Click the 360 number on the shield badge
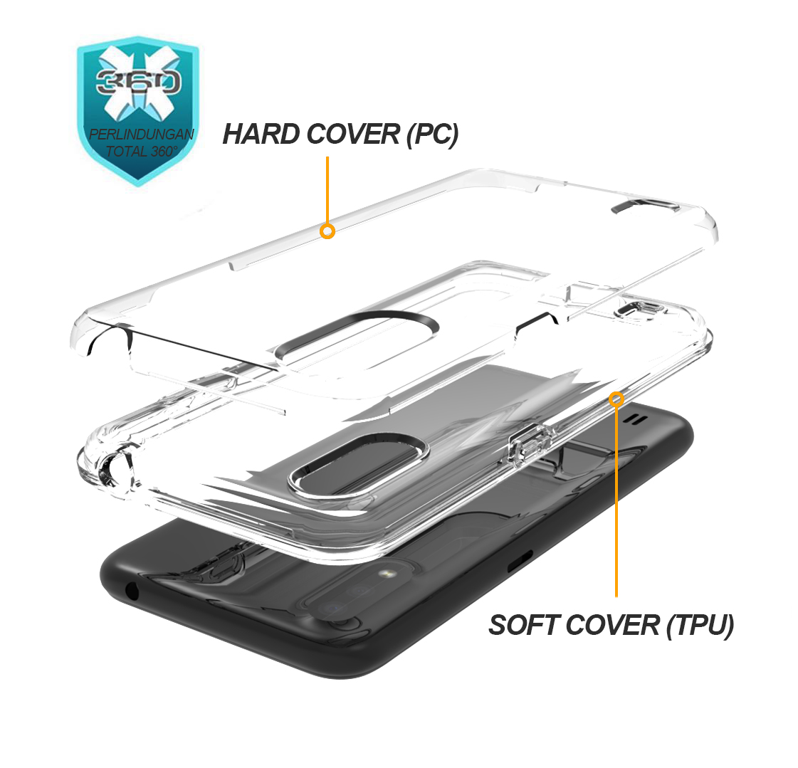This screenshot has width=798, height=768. [x=138, y=81]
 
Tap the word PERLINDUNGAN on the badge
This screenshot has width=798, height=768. [x=142, y=135]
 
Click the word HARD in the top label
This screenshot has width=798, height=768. [x=261, y=135]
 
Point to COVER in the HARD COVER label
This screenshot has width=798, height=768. [x=354, y=135]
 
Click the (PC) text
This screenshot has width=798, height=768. [x=433, y=135]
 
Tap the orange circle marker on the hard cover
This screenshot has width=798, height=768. [x=327, y=231]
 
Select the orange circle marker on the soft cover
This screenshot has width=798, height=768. [x=616, y=399]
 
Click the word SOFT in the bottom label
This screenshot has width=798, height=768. [x=523, y=625]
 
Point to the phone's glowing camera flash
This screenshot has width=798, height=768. [x=387, y=574]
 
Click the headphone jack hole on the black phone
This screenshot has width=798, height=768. [x=132, y=591]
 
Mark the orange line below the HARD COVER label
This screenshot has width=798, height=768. [x=327, y=190]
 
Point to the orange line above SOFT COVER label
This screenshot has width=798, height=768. [x=616, y=501]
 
